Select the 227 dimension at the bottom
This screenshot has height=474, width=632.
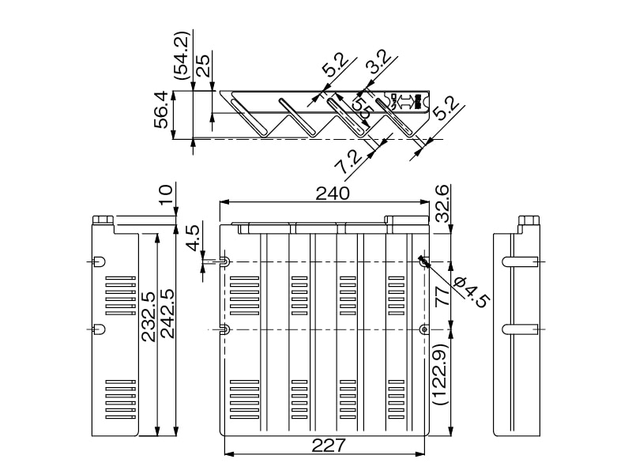(324, 446)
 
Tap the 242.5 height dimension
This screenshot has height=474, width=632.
(167, 314)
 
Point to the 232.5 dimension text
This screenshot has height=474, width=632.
(148, 316)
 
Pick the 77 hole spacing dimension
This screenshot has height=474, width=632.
(442, 295)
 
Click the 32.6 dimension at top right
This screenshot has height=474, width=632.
(442, 202)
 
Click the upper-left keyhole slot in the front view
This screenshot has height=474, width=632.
(224, 261)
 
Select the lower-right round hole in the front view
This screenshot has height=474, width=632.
(424, 329)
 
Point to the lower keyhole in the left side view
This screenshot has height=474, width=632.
(100, 329)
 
